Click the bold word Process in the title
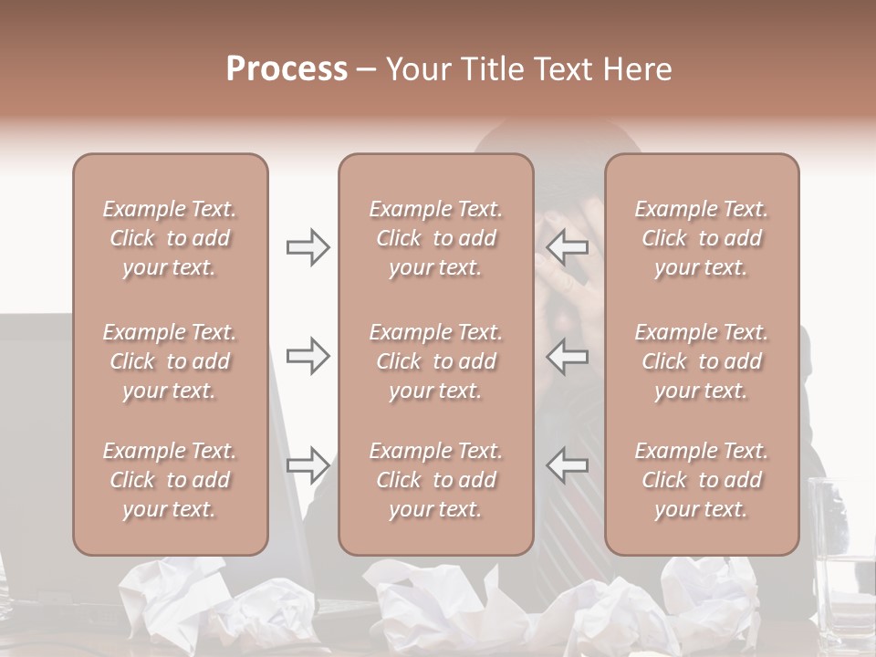[287, 69]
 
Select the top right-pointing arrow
[308, 247]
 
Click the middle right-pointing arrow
[308, 355]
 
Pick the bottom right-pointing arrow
[308, 465]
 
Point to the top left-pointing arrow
[567, 247]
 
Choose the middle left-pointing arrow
[567, 355]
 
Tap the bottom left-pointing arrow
[567, 465]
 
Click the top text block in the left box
[170, 238]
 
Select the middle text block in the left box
[170, 361]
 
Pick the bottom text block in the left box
[170, 480]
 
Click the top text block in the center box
[435, 238]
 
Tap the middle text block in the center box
[435, 361]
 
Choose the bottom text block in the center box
[435, 480]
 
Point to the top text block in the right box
[701, 238]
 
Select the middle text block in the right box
[701, 361]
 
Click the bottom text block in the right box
[701, 480]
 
